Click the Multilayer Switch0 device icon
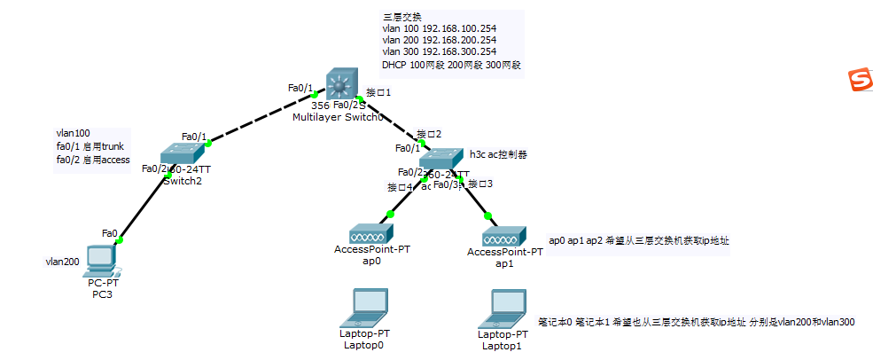click(339, 84)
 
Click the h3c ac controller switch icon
click(441, 159)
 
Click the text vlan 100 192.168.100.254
click(439, 28)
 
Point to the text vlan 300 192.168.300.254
click(439, 52)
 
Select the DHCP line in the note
click(451, 65)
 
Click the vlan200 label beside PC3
click(63, 262)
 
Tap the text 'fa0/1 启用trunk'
click(90, 146)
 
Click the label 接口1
click(378, 92)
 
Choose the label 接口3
click(480, 184)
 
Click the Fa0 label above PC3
click(110, 233)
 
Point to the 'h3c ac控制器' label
click(498, 153)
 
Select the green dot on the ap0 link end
click(389, 214)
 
